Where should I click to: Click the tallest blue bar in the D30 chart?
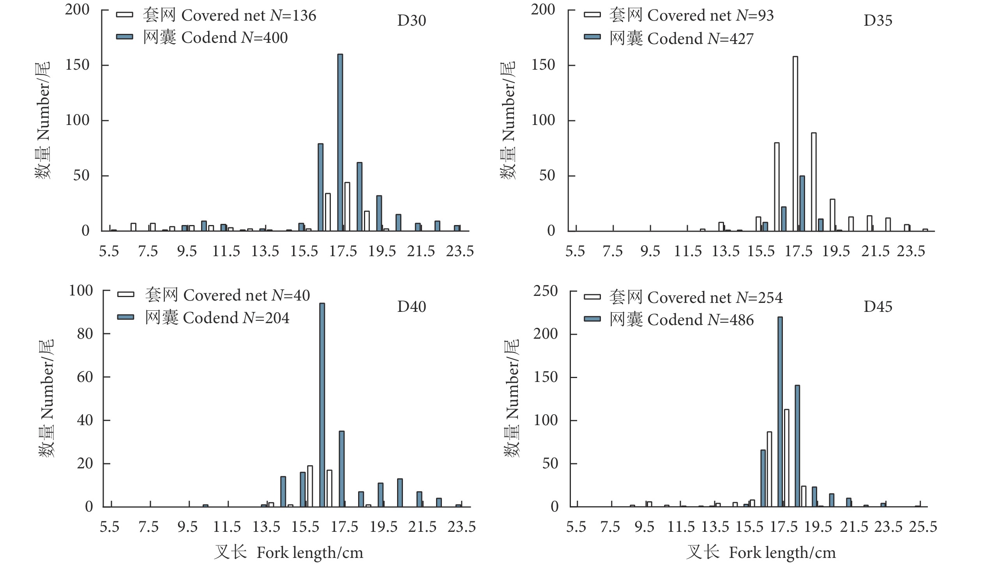click(x=340, y=142)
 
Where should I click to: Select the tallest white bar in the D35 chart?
click(x=795, y=144)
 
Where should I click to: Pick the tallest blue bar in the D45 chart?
click(x=780, y=412)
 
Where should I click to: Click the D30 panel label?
click(x=411, y=21)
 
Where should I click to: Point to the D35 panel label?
click(x=878, y=21)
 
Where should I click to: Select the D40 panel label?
click(x=411, y=306)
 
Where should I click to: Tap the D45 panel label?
click(x=878, y=306)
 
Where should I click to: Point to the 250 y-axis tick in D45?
click(x=545, y=291)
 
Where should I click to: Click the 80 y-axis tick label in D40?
click(x=85, y=334)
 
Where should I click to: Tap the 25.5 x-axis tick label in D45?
click(x=922, y=526)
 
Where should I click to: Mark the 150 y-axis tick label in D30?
click(x=77, y=65)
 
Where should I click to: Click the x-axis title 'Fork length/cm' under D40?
click(x=310, y=553)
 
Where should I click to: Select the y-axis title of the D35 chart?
click(x=508, y=120)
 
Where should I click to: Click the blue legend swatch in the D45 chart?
click(x=592, y=319)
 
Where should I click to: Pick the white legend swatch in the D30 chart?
click(x=124, y=15)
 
